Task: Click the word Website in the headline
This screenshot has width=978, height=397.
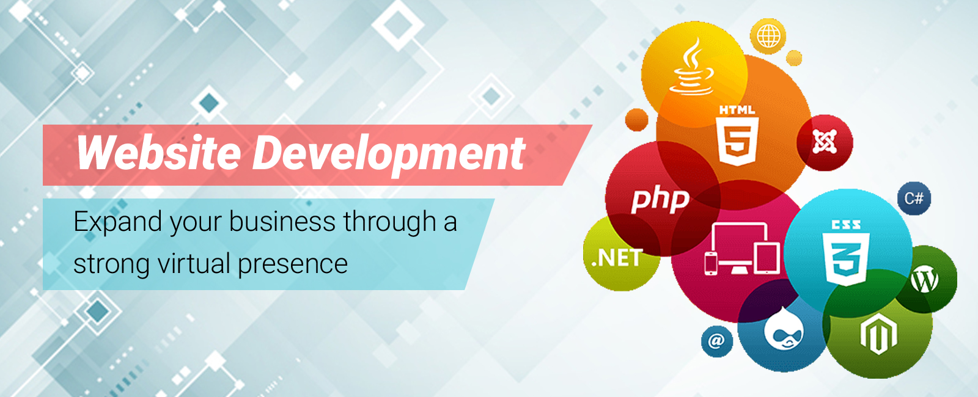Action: pyautogui.click(x=158, y=152)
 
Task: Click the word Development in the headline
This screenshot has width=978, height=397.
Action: pyautogui.click(x=389, y=156)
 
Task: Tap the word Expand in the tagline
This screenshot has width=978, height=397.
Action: pyautogui.click(x=117, y=222)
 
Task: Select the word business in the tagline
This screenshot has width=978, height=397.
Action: pyautogui.click(x=282, y=221)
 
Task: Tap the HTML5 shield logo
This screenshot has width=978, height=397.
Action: pyautogui.click(x=737, y=135)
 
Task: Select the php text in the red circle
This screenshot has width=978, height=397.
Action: pyautogui.click(x=660, y=201)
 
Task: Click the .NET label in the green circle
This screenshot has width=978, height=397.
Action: pyautogui.click(x=617, y=258)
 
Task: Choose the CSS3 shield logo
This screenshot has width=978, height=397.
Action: pyautogui.click(x=846, y=253)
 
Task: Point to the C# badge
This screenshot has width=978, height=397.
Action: pyautogui.click(x=914, y=198)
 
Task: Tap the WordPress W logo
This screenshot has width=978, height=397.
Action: pyautogui.click(x=924, y=279)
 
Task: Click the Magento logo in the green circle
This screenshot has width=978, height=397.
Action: pyautogui.click(x=878, y=333)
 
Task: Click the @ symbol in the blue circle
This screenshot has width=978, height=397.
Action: pyautogui.click(x=716, y=341)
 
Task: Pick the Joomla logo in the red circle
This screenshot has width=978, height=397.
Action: pyautogui.click(x=825, y=141)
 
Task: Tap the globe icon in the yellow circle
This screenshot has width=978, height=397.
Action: pyautogui.click(x=768, y=36)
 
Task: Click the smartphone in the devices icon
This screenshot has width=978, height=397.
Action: pyautogui.click(x=711, y=263)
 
